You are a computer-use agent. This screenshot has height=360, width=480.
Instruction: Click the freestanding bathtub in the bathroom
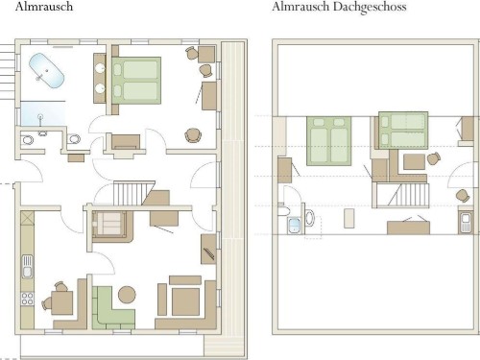[x=47, y=70]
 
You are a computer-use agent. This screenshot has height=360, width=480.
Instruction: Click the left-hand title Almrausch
[x=44, y=7]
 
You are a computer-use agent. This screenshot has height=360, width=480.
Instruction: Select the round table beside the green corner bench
[x=127, y=295]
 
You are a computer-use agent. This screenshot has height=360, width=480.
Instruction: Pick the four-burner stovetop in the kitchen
[x=28, y=299]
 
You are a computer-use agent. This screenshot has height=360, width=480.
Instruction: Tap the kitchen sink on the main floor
[x=28, y=266]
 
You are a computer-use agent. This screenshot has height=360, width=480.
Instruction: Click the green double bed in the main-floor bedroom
[x=136, y=81]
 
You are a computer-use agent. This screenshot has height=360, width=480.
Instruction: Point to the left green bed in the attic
[x=329, y=141]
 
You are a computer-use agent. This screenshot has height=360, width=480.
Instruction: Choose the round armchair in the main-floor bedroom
[x=193, y=135]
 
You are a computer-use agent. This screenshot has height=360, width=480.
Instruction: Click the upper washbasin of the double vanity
[x=101, y=68]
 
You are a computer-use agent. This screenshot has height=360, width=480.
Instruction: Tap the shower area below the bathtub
[x=43, y=113]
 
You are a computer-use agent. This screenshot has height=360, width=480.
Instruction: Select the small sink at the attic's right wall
[x=466, y=223]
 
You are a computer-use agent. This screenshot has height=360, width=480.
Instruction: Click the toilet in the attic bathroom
[x=310, y=218]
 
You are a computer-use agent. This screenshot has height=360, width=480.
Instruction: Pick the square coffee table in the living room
[x=185, y=301]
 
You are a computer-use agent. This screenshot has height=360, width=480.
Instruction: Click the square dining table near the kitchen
[x=62, y=302]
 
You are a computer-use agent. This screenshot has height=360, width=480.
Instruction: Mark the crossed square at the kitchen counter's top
[x=27, y=218]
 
